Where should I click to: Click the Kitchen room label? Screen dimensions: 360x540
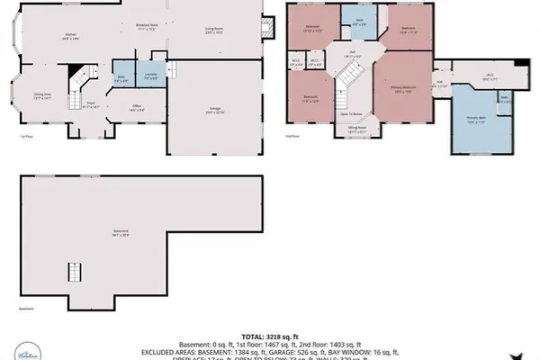click(70, 37)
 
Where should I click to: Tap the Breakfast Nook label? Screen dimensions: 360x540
click(147, 28)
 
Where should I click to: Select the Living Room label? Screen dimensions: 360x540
click(213, 31)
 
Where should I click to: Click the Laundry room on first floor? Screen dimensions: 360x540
click(150, 76)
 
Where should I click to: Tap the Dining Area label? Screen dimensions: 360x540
click(41, 95)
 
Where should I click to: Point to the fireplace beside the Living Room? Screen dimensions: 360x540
click(267, 28)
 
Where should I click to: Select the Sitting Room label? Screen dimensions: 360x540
click(357, 129)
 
